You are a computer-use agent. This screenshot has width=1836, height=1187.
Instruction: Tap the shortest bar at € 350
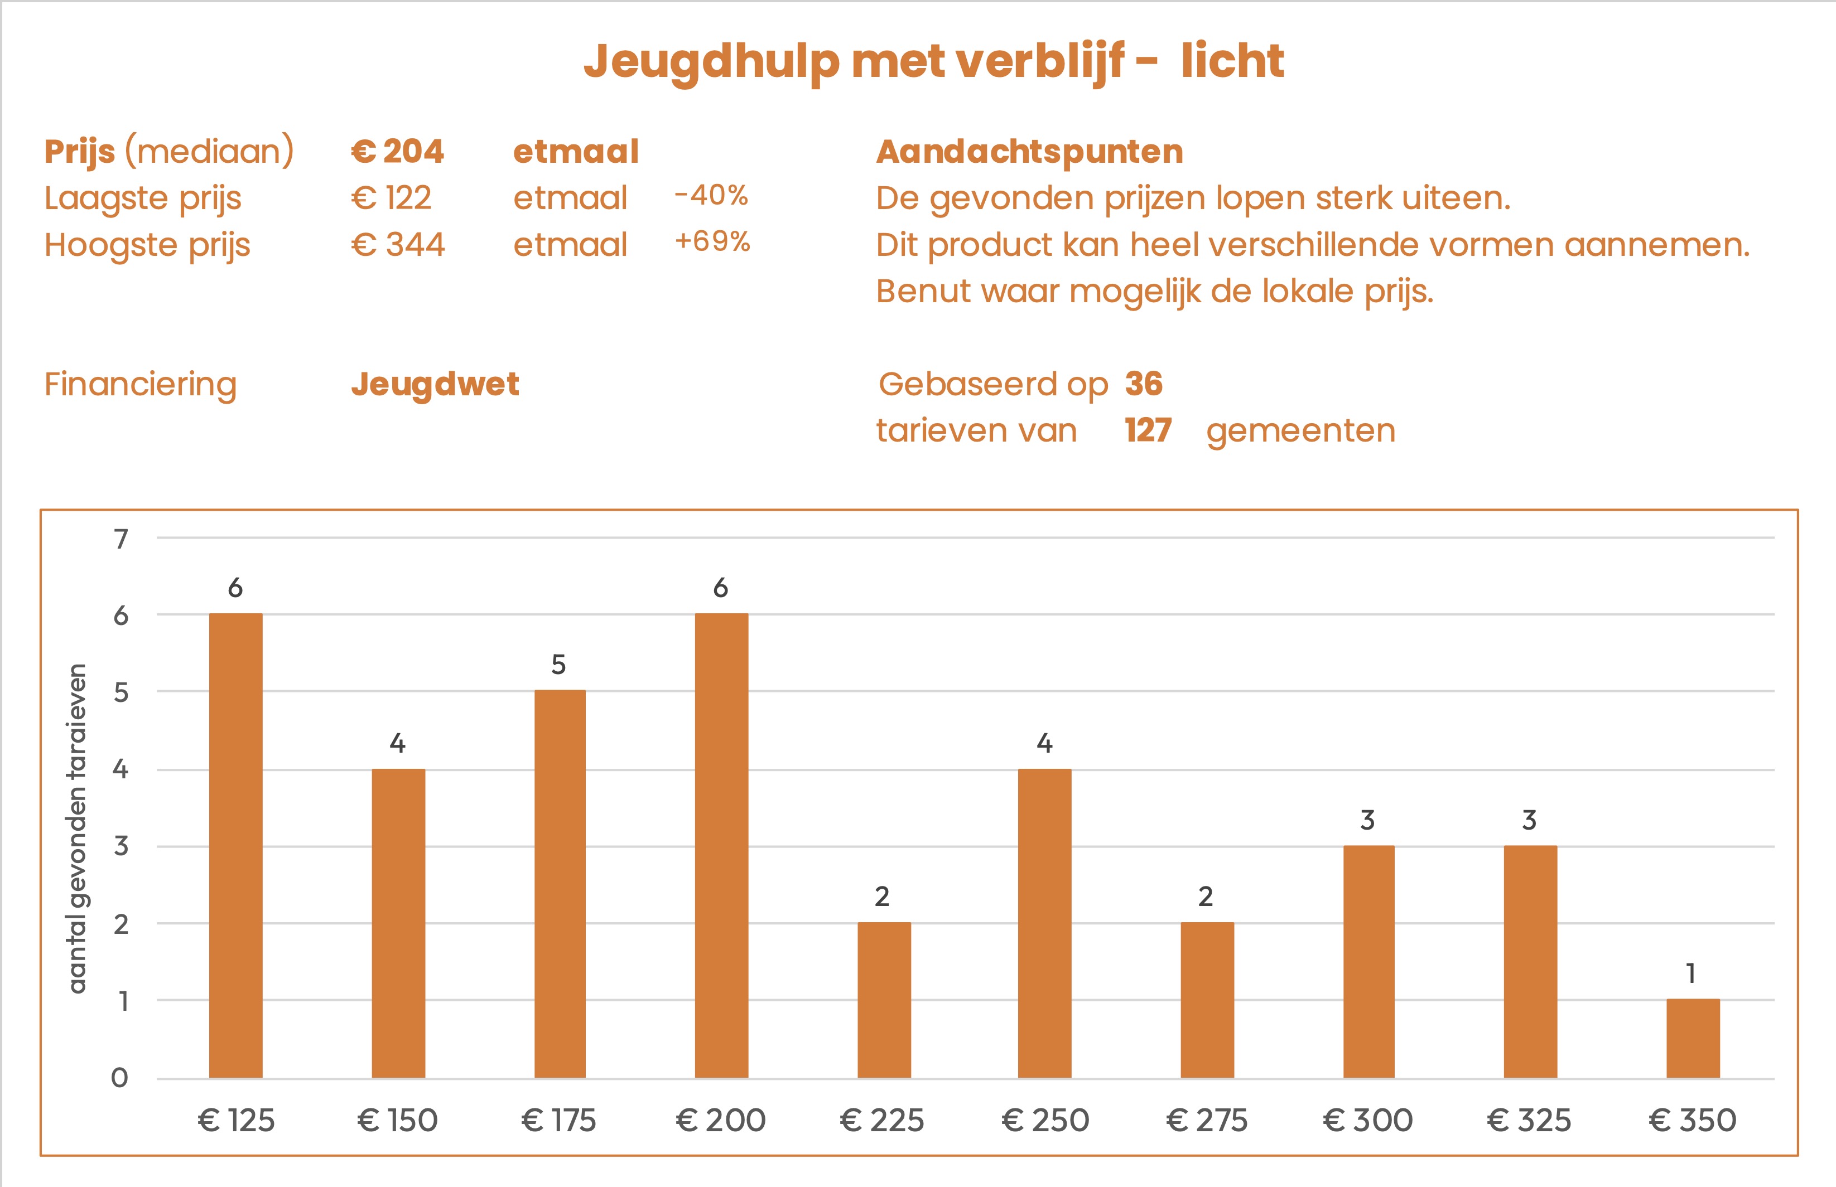pyautogui.click(x=1693, y=1038)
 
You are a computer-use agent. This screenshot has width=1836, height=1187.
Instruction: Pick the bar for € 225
pyautogui.click(x=884, y=999)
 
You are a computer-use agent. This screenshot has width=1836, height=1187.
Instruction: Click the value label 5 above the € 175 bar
pyautogui.click(x=558, y=665)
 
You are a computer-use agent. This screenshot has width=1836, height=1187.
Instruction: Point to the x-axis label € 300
pyautogui.click(x=1367, y=1120)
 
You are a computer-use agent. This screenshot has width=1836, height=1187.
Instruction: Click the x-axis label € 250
pyautogui.click(x=1045, y=1120)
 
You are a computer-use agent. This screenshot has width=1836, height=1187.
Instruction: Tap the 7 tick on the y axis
pyautogui.click(x=121, y=539)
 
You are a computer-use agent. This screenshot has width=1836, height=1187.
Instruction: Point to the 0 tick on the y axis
pyautogui.click(x=119, y=1078)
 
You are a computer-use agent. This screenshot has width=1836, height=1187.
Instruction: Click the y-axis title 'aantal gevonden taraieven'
pyautogui.click(x=78, y=828)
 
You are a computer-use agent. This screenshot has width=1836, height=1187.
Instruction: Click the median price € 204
pyautogui.click(x=397, y=151)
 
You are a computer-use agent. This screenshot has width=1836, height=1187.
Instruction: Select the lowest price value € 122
pyautogui.click(x=391, y=198)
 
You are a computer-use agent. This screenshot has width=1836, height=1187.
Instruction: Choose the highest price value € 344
pyautogui.click(x=397, y=245)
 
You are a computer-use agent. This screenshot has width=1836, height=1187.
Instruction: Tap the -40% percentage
pyautogui.click(x=711, y=195)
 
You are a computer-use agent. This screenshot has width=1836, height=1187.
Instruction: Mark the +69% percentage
pyautogui.click(x=712, y=241)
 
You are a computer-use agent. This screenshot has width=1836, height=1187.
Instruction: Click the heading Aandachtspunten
pyautogui.click(x=1029, y=151)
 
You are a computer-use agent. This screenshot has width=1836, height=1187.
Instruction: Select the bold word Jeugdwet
pyautogui.click(x=435, y=384)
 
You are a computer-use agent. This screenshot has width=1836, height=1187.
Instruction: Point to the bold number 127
pyautogui.click(x=1148, y=430)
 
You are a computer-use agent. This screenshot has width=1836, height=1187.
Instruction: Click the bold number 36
pyautogui.click(x=1144, y=384)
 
